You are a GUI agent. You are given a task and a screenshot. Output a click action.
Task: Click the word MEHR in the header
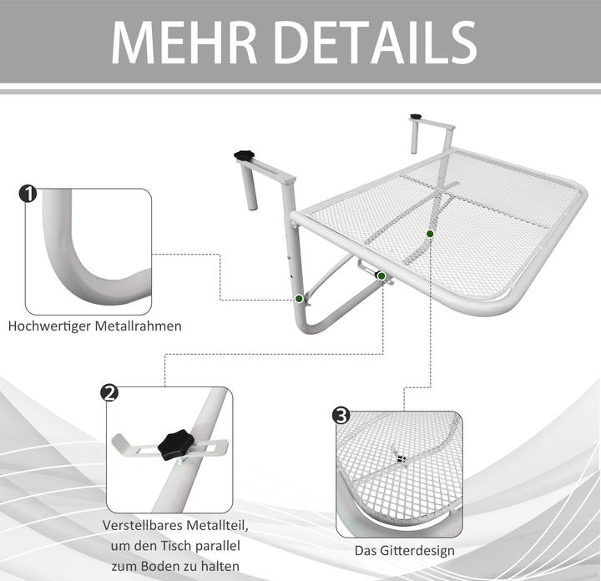click(184, 43)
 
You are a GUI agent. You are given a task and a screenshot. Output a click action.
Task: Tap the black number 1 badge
click(28, 194)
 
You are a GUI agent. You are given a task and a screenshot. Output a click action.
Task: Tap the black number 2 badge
click(109, 393)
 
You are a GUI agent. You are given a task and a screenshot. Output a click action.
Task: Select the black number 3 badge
click(341, 416)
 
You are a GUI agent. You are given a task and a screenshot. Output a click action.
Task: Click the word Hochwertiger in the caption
click(50, 326)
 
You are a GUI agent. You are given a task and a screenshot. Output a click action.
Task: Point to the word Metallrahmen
click(139, 326)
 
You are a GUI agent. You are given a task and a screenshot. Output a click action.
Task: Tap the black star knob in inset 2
click(177, 445)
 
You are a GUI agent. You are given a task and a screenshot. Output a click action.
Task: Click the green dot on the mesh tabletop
click(430, 234)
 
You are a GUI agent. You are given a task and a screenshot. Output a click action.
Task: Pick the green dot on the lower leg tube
click(300, 299)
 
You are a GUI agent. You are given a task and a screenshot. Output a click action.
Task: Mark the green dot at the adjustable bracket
click(381, 276)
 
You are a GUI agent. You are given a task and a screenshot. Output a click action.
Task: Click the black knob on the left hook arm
click(244, 155)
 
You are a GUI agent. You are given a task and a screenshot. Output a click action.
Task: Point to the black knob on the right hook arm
click(415, 117)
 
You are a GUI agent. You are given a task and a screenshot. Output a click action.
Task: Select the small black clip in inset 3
click(401, 459)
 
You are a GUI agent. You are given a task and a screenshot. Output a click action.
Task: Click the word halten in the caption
click(220, 567)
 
